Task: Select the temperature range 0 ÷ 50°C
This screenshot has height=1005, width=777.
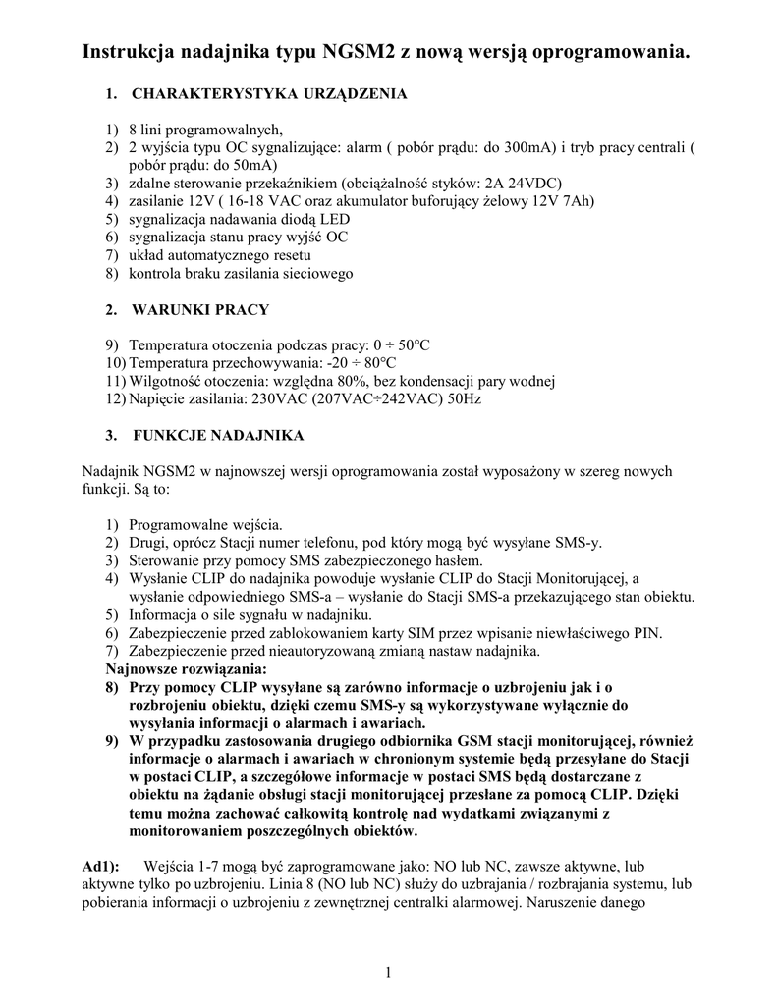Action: pyautogui.click(x=402, y=345)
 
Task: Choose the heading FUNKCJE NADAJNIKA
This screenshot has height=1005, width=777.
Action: pyautogui.click(x=217, y=435)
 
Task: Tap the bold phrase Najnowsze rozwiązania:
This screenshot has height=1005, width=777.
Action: pyautogui.click(x=185, y=669)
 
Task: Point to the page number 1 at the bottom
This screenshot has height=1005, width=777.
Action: pyautogui.click(x=389, y=972)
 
